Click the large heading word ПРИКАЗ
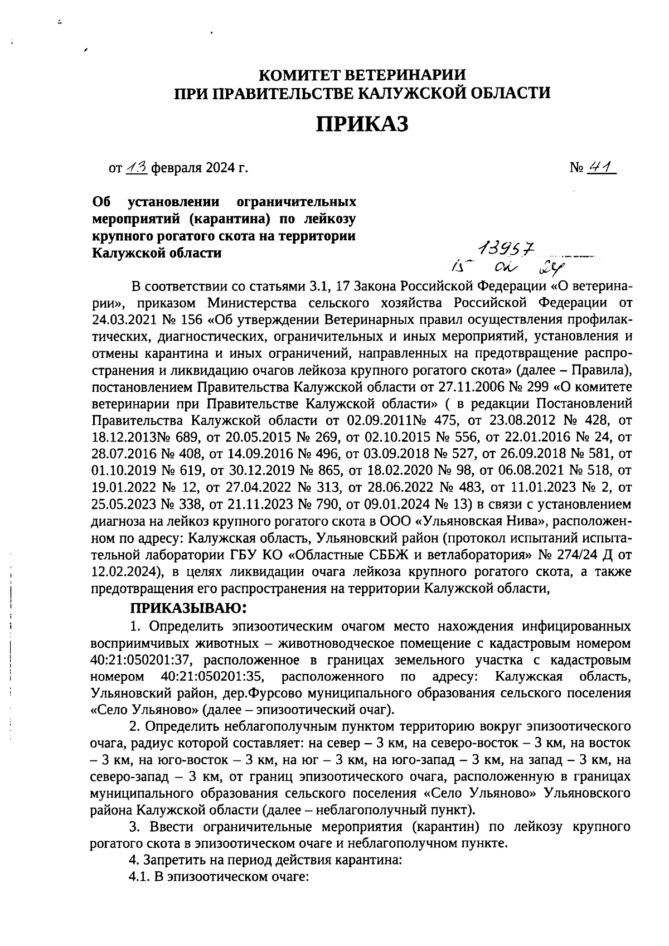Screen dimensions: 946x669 point(363,124)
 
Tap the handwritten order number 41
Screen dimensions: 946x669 point(601,167)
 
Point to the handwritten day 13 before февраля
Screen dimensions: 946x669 point(137,167)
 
